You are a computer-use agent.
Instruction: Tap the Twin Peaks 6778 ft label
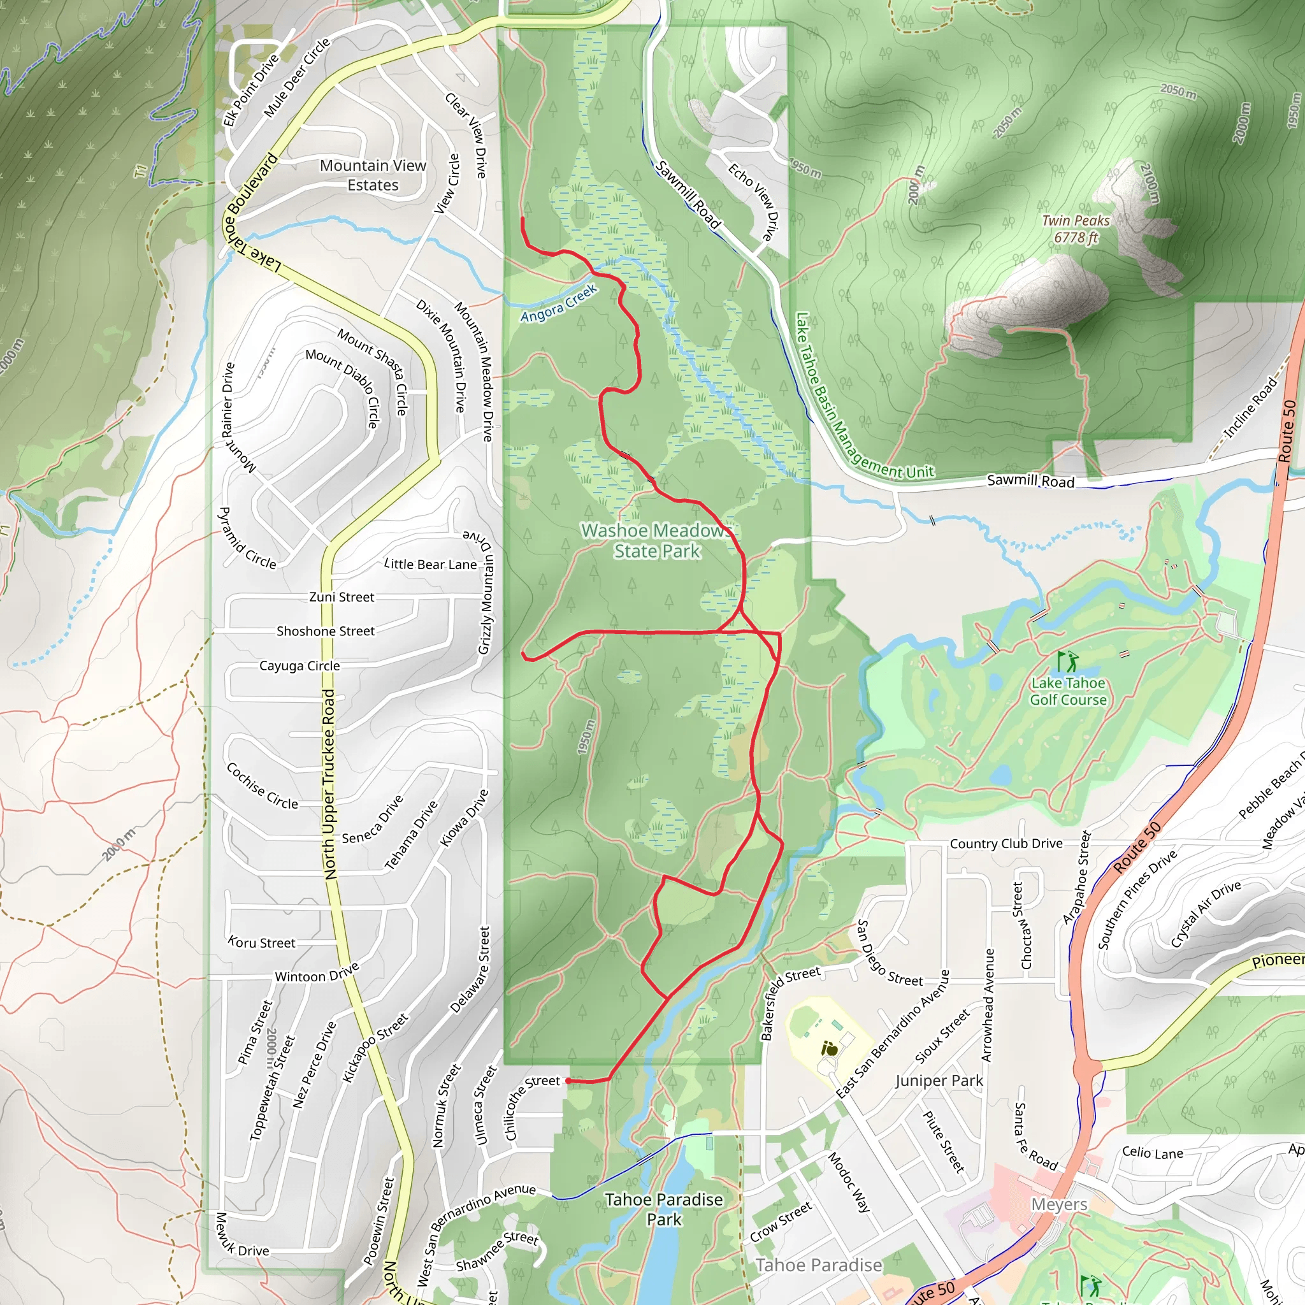coord(1076,229)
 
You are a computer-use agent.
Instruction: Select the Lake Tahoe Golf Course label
coord(1068,691)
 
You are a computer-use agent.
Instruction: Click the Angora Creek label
coord(559,303)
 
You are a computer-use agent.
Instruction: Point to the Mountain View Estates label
coord(373,175)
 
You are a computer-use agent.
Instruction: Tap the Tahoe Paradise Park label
coord(663,1209)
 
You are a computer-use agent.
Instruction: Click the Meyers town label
coord(1058,1204)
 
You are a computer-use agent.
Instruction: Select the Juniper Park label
coord(939,1081)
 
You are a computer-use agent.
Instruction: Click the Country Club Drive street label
coord(1006,844)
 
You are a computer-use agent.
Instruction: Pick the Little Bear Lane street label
coord(430,565)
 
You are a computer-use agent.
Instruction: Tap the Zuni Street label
coord(341,597)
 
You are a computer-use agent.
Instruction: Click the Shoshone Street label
coord(325,631)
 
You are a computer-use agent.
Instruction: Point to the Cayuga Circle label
coord(299,666)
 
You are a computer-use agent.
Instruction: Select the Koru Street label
coord(261,942)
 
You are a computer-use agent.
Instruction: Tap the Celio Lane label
coord(1152,1153)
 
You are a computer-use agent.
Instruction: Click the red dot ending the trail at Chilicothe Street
coord(568,1081)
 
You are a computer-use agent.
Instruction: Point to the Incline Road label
coord(1250,407)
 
